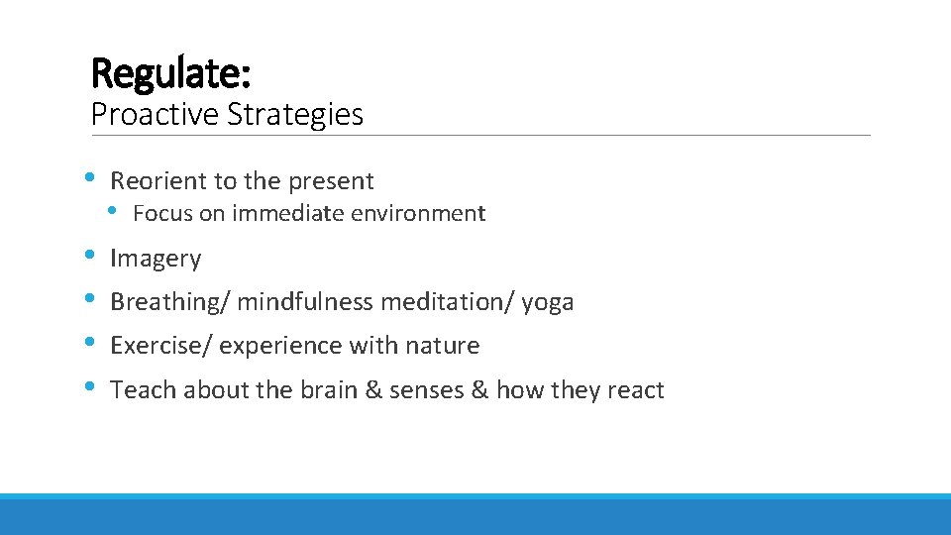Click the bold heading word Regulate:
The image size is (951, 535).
tap(170, 72)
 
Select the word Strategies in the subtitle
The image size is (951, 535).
tap(295, 115)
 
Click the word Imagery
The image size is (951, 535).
tap(156, 259)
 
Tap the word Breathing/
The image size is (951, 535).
tap(169, 302)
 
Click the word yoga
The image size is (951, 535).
tap(548, 302)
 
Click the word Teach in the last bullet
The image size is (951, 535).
tap(140, 390)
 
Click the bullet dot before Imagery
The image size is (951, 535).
tap(90, 257)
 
